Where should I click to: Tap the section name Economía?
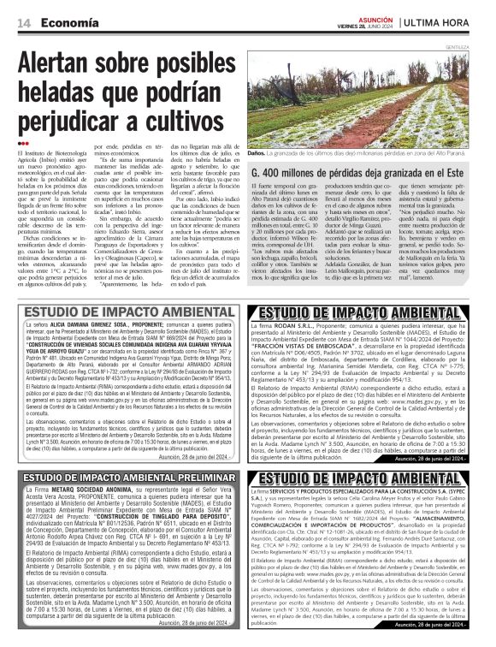[x=65, y=21]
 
